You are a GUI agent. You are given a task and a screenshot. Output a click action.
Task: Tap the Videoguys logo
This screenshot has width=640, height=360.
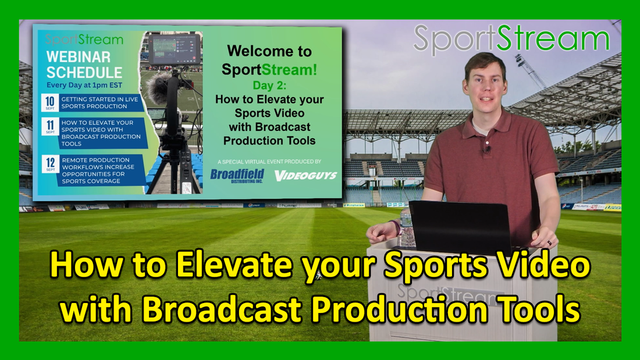point(306,174)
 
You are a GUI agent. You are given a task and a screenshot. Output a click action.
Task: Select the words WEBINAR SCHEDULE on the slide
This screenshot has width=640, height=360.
point(84,66)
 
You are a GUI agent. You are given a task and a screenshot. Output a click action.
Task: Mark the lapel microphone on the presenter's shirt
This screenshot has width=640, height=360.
point(488,150)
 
